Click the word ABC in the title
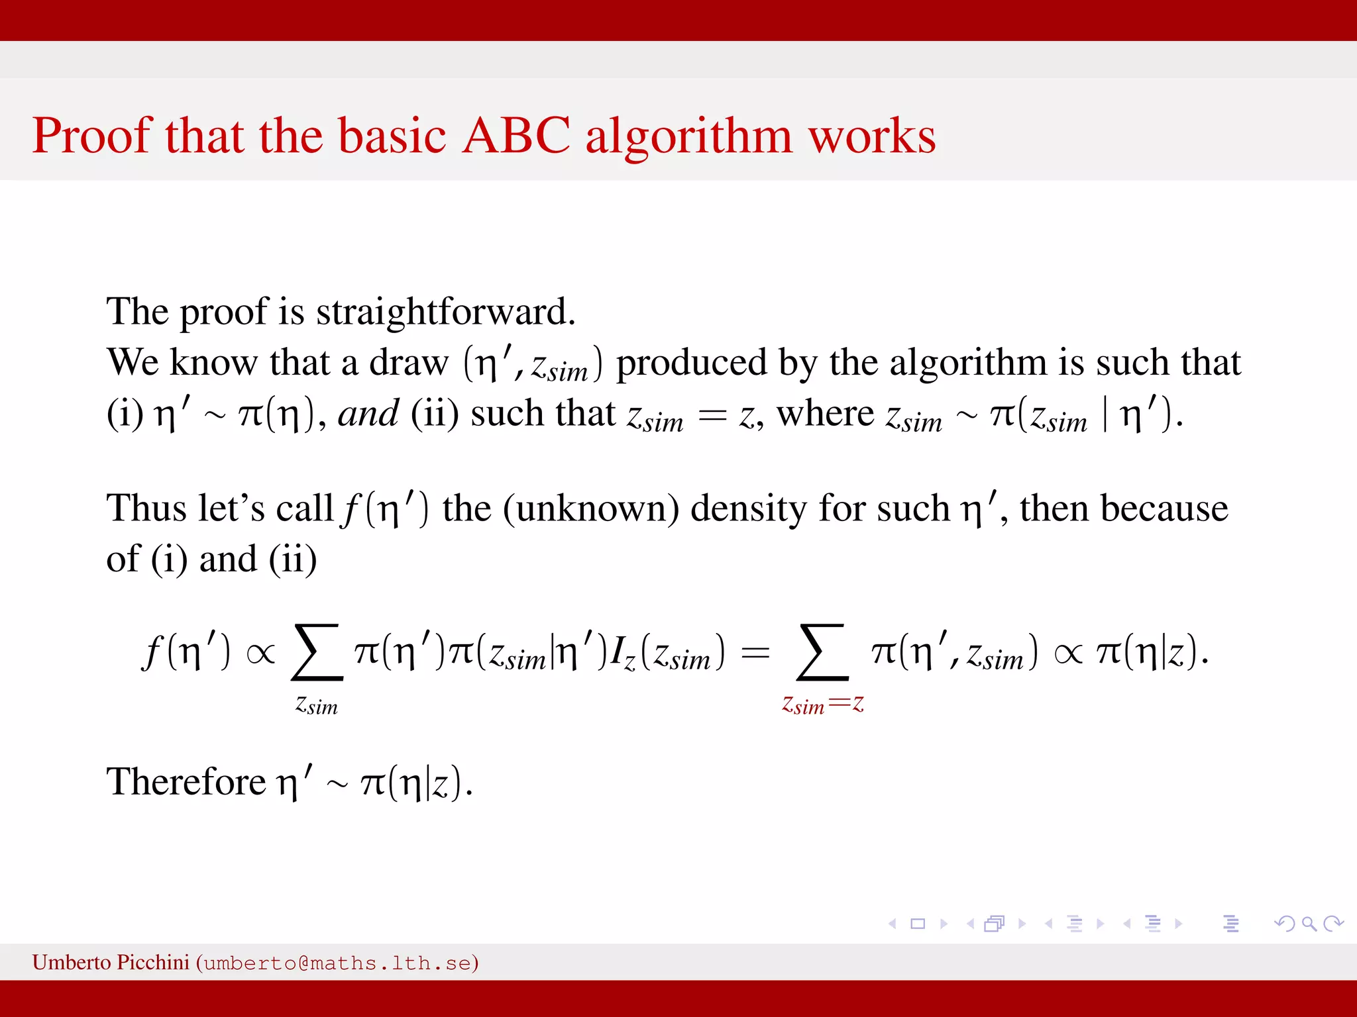click(516, 136)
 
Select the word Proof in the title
click(92, 136)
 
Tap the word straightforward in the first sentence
click(445, 311)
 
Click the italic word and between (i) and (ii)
click(368, 414)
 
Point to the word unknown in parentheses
click(591, 509)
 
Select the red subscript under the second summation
click(822, 704)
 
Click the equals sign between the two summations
click(755, 654)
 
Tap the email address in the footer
click(337, 963)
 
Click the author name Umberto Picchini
click(111, 962)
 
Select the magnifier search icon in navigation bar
click(1309, 924)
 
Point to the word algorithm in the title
click(688, 137)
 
